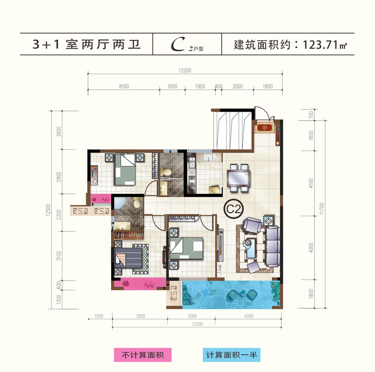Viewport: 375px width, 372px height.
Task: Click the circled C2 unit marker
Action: (233, 209)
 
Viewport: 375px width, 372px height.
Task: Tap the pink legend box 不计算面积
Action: (142, 355)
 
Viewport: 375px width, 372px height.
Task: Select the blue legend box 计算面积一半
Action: (232, 355)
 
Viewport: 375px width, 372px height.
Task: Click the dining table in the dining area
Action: (238, 178)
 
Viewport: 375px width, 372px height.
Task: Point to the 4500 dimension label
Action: (124, 86)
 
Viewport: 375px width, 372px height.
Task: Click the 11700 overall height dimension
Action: (322, 208)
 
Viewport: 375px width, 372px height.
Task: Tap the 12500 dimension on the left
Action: (48, 210)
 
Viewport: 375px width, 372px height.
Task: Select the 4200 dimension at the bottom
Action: (249, 316)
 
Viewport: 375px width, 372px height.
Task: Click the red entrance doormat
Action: (264, 128)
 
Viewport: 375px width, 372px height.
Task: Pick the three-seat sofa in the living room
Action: (273, 247)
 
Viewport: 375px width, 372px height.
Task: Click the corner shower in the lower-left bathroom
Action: (120, 203)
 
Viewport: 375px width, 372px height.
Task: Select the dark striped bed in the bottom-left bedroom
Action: (128, 258)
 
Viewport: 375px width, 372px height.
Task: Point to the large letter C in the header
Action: (178, 44)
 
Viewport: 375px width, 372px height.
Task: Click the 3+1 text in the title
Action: (46, 45)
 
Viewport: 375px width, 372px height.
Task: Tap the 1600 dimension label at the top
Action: (172, 86)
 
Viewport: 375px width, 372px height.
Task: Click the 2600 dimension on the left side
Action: (59, 131)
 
